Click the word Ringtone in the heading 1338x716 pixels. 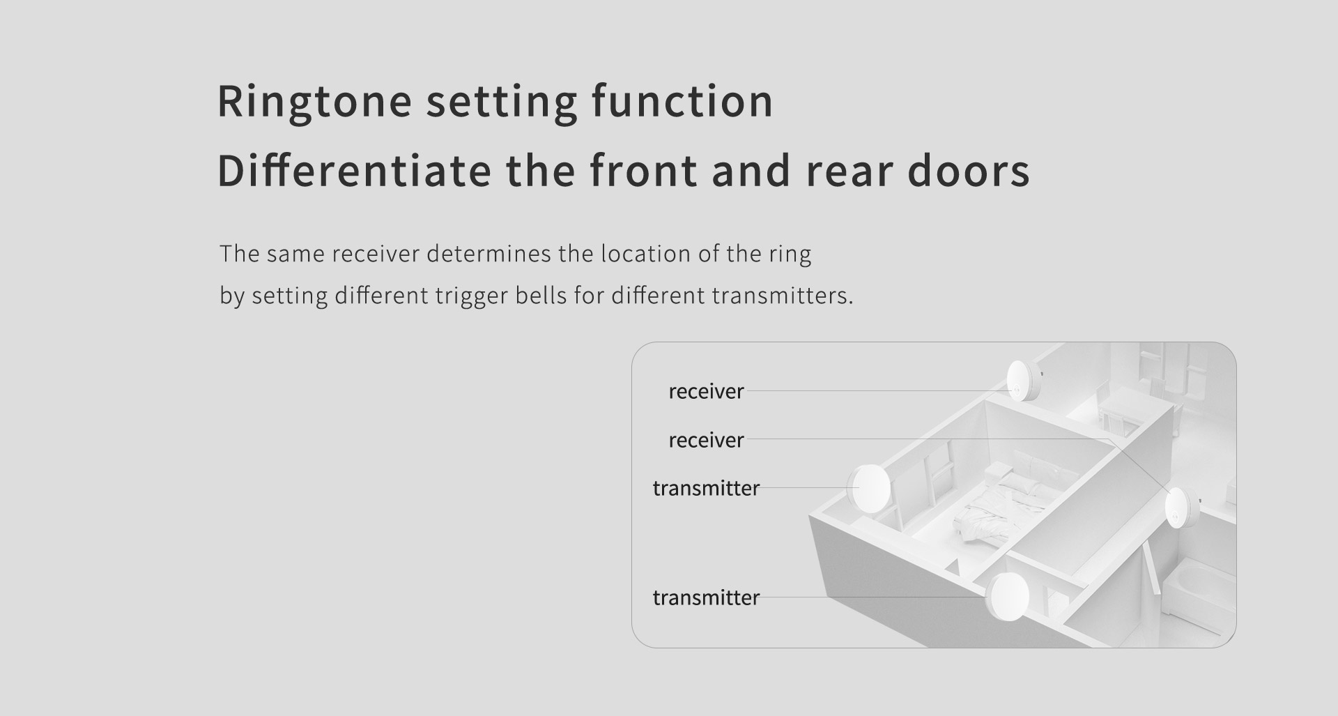315,102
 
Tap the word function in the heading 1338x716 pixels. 682,100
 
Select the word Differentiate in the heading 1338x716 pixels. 355,171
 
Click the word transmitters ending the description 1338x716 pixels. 782,296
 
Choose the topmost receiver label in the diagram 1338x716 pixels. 706,392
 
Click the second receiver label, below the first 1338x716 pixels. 706,441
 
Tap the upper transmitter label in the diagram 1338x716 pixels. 706,488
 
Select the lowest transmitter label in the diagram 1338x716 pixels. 706,597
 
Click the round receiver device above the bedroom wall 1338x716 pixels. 1022,381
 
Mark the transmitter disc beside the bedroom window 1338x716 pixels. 868,488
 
